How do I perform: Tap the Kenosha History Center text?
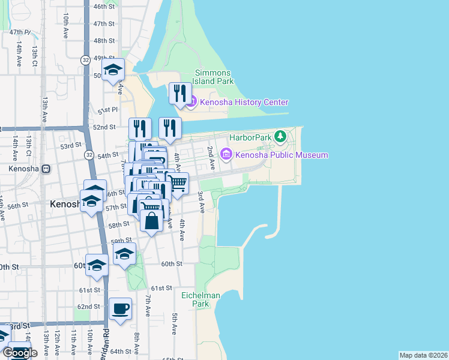pyautogui.click(x=244, y=103)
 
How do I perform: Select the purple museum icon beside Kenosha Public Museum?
pyautogui.click(x=226, y=155)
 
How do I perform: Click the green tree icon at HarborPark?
pyautogui.click(x=280, y=137)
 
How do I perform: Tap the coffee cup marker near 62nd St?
pyautogui.click(x=121, y=308)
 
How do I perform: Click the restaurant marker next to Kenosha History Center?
pyautogui.click(x=179, y=94)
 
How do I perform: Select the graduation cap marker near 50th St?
pyautogui.click(x=113, y=70)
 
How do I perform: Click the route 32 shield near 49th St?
pyautogui.click(x=86, y=59)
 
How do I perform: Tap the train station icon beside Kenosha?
pyautogui.click(x=46, y=169)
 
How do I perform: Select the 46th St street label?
pyautogui.click(x=104, y=7)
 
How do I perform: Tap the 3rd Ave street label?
pyautogui.click(x=202, y=202)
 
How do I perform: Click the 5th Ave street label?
pyautogui.click(x=174, y=324)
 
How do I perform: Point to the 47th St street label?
pyautogui.click(x=104, y=23)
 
